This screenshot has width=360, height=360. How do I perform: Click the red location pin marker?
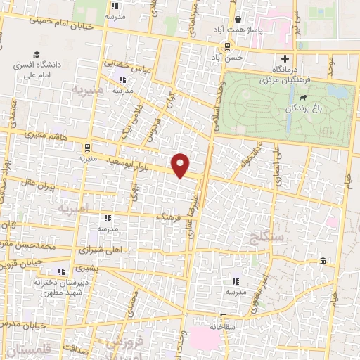click(x=181, y=165)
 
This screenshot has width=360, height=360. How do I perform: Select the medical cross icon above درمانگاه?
click(x=285, y=59)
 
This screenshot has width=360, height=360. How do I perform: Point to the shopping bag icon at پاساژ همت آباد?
click(x=240, y=20)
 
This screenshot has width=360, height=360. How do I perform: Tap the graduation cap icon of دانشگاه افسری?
click(x=36, y=54)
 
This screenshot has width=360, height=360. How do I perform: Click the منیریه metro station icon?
click(x=86, y=148)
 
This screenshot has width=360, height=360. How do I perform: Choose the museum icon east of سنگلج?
click(x=323, y=262)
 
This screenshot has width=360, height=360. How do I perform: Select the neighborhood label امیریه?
click(x=75, y=209)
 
